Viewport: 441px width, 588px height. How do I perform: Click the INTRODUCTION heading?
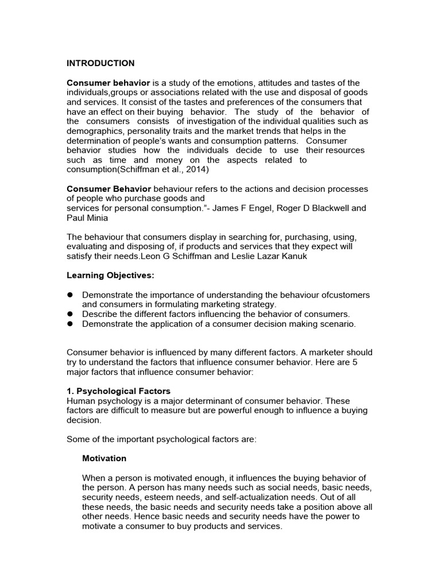click(100, 63)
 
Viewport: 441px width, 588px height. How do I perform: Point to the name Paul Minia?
click(88, 218)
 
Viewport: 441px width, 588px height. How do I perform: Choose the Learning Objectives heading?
click(111, 276)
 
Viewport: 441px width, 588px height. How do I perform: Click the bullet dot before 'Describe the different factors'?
click(71, 314)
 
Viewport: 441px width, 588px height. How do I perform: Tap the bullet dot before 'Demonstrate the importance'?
click(71, 295)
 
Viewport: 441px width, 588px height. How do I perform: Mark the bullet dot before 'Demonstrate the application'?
click(71, 324)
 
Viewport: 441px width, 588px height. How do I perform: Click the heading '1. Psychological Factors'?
click(119, 391)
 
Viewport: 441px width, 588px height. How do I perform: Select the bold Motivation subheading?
click(105, 459)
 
